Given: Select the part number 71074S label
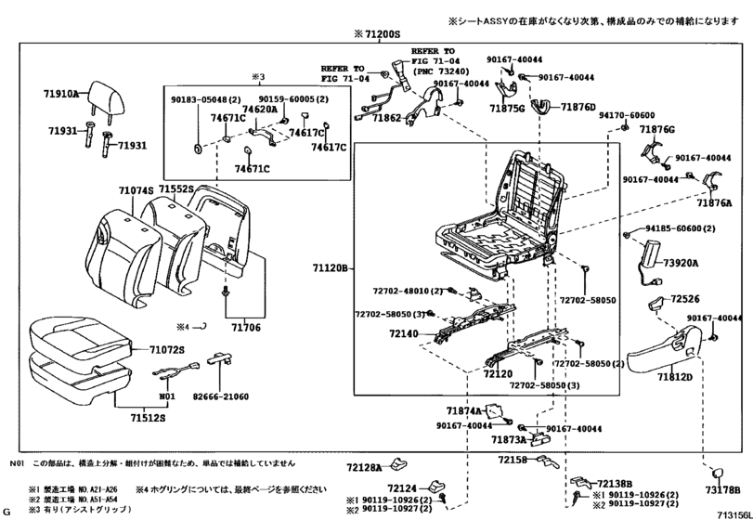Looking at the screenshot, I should click(136, 189).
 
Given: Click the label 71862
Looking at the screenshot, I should click(387, 119).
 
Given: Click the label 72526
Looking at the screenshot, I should click(686, 300).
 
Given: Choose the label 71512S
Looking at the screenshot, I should click(146, 418).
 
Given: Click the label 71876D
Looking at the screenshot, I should click(578, 108).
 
